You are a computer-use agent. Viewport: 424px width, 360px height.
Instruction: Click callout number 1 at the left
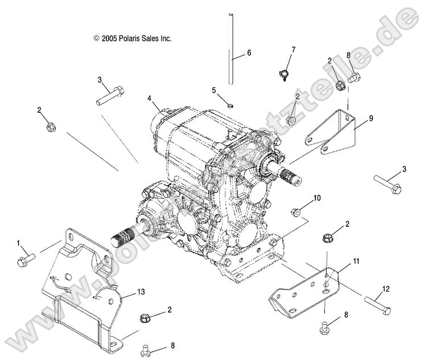pyautogui.click(x=18, y=243)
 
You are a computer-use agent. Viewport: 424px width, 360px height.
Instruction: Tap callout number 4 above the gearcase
pyautogui.click(x=150, y=98)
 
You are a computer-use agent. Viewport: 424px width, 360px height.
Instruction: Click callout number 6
pyautogui.click(x=249, y=53)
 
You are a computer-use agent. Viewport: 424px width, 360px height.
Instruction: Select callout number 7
pyautogui.click(x=293, y=50)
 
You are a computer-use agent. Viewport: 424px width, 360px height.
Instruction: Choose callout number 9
pyautogui.click(x=371, y=118)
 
